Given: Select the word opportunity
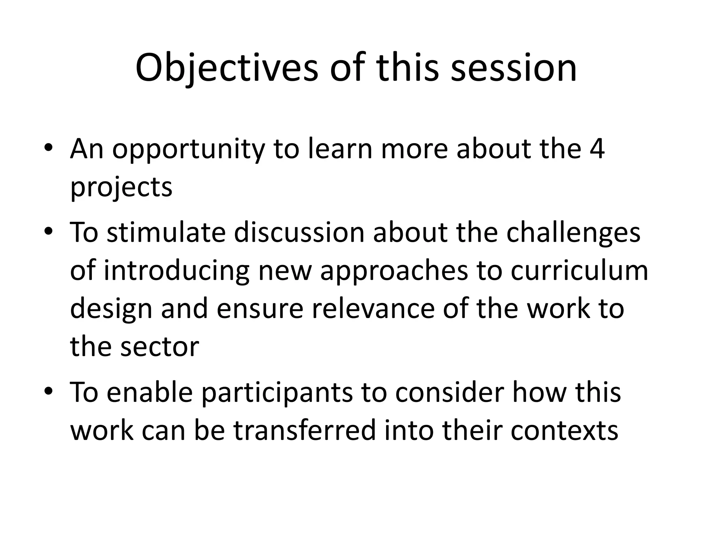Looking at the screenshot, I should point(188,150).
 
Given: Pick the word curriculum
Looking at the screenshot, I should point(579,271).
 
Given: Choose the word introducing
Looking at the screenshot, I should point(177,271).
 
